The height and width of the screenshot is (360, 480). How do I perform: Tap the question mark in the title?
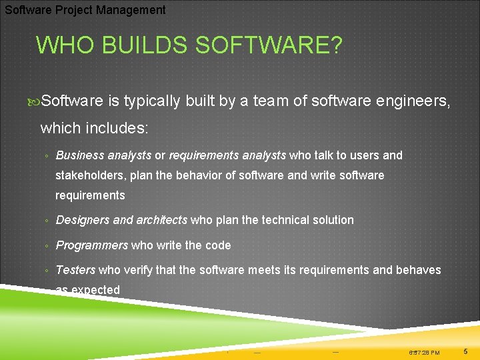tap(336, 46)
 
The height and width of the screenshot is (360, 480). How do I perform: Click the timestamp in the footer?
tap(424, 352)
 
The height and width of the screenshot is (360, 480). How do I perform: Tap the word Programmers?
tap(92, 245)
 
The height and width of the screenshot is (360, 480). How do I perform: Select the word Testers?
tap(76, 270)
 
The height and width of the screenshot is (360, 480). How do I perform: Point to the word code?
tap(218, 245)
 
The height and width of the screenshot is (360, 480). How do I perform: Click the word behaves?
tap(418, 270)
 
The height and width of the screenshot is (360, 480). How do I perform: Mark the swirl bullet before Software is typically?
tap(35, 101)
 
